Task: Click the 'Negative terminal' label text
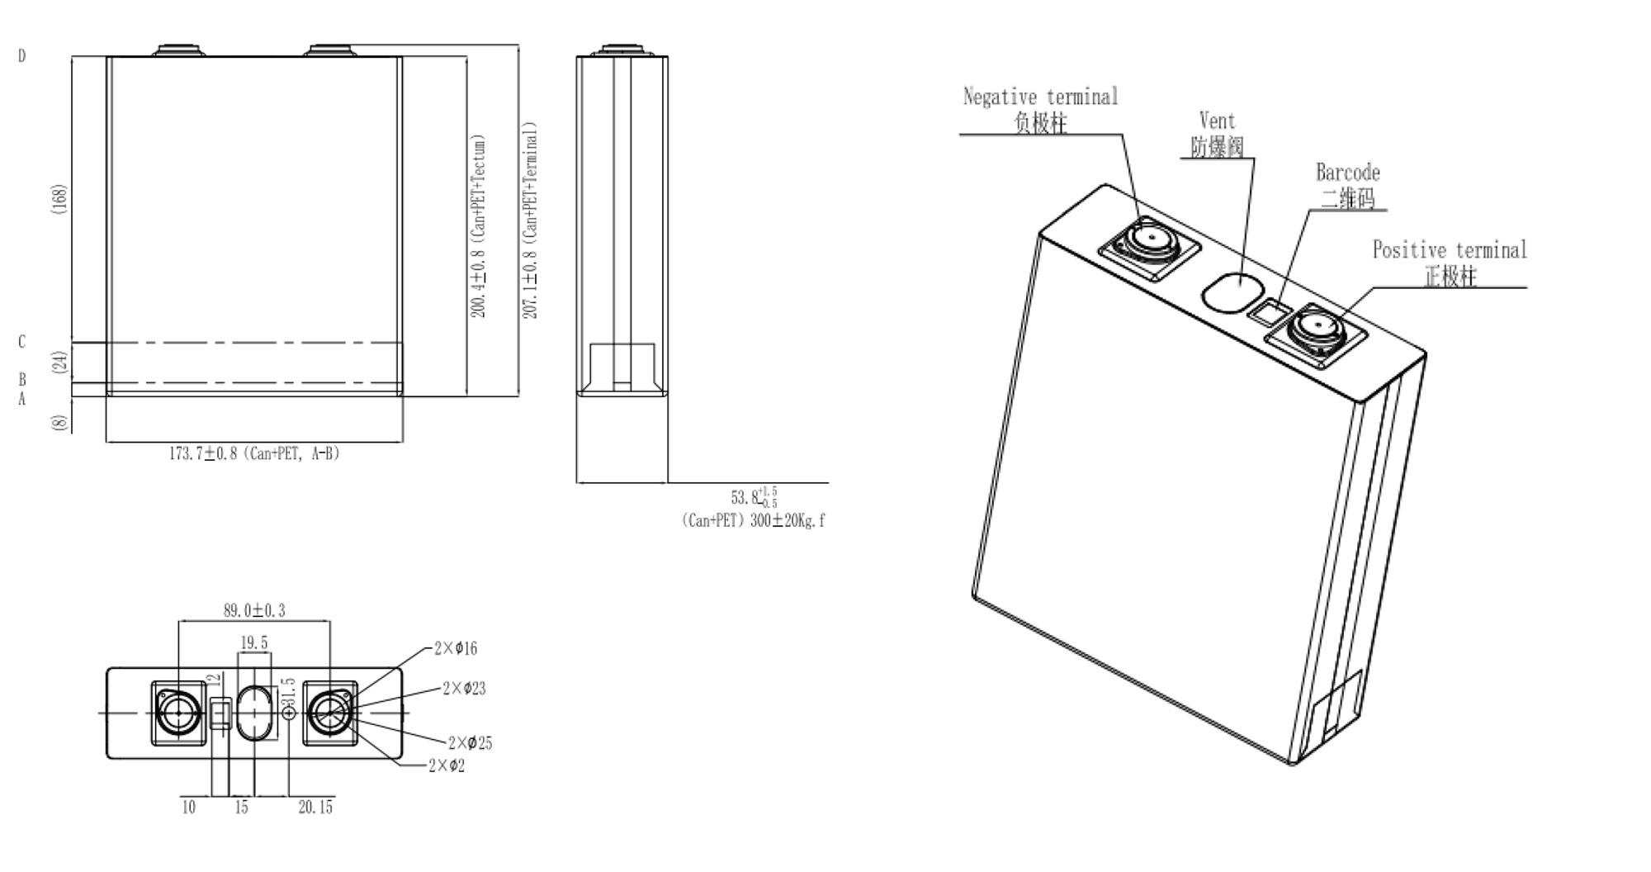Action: (x=1040, y=97)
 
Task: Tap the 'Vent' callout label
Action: (x=1217, y=121)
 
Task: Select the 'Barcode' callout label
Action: (x=1347, y=173)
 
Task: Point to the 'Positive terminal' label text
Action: (x=1450, y=249)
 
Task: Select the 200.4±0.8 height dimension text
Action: (x=479, y=226)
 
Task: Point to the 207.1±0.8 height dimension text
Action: (x=531, y=221)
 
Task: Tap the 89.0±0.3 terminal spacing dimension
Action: (x=254, y=611)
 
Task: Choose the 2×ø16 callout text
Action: (x=456, y=648)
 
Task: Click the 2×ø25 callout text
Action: (x=470, y=743)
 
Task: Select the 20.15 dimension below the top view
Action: (x=315, y=808)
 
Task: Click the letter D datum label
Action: (x=22, y=56)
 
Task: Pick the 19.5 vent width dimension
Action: (x=254, y=642)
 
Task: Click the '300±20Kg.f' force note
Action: (x=788, y=521)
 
